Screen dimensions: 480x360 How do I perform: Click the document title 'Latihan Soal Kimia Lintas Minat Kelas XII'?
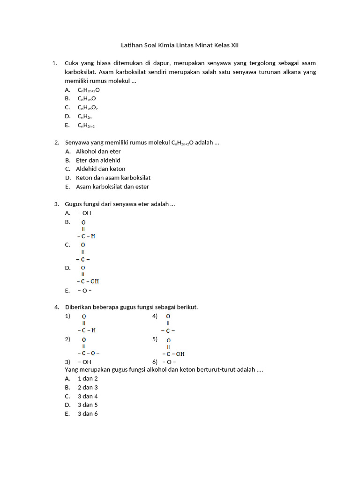pos(183,45)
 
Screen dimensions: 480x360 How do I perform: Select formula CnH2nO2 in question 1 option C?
pos(88,108)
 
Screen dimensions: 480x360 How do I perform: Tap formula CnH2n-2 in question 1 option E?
pos(86,126)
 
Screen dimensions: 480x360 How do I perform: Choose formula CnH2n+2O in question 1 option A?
pos(89,90)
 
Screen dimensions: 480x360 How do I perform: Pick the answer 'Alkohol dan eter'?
pos(98,151)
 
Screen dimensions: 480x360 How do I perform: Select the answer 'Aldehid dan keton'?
pos(101,169)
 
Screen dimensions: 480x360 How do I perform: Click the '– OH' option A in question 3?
pos(84,213)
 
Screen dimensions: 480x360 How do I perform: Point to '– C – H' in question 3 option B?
pos(86,236)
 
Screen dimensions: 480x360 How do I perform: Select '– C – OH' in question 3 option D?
pos(88,281)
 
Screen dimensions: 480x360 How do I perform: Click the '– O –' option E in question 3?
pos(84,291)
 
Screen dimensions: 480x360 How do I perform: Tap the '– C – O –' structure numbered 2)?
pos(88,353)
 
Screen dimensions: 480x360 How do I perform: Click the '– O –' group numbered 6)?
pos(170,362)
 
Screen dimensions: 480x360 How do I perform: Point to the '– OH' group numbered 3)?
pos(84,362)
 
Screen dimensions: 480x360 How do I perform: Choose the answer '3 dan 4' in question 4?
pos(88,396)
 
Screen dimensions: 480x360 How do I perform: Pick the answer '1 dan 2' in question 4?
pos(88,378)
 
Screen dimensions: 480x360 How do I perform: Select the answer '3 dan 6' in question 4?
pos(88,413)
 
